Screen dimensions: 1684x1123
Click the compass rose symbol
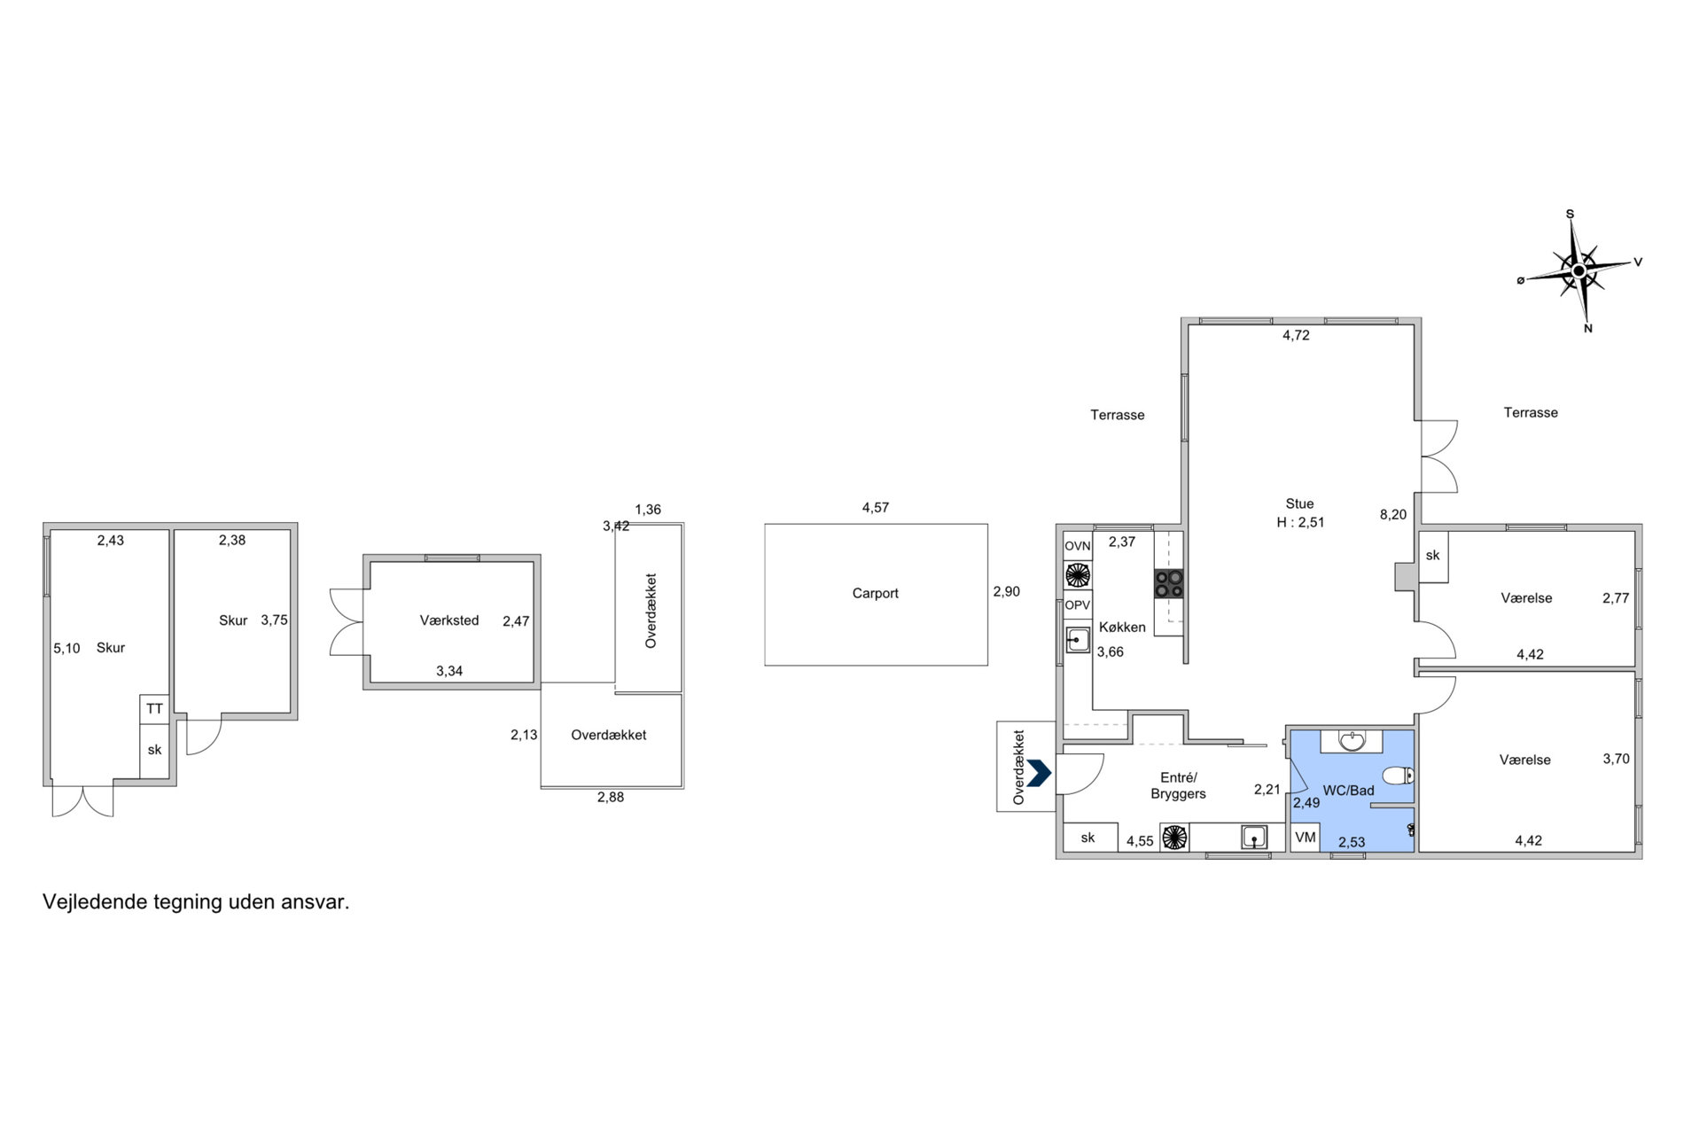(x=1579, y=270)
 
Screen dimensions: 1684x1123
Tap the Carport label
(x=875, y=593)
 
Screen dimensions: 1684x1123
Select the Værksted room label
(x=449, y=620)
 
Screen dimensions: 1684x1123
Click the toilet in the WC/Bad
(x=1399, y=776)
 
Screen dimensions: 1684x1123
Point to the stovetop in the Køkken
(x=1168, y=583)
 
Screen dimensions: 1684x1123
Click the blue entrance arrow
(x=1039, y=773)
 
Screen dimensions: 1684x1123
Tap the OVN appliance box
(x=1078, y=546)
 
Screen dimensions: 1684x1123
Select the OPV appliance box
(x=1078, y=605)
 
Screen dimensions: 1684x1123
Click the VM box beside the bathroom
(x=1306, y=837)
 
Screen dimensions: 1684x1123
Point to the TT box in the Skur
(x=154, y=709)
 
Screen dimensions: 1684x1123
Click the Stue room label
(x=1299, y=503)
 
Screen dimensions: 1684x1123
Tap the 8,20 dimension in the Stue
(x=1393, y=514)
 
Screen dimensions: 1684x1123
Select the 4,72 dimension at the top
(x=1296, y=335)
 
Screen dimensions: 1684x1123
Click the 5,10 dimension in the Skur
(x=66, y=648)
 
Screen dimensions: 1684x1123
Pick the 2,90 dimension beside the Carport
(x=1006, y=591)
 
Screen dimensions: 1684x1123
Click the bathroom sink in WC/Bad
(x=1352, y=740)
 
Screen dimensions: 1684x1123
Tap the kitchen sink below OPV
(x=1078, y=639)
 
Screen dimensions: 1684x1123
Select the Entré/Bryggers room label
(x=1178, y=786)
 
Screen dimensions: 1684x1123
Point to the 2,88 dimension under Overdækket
(x=611, y=797)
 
